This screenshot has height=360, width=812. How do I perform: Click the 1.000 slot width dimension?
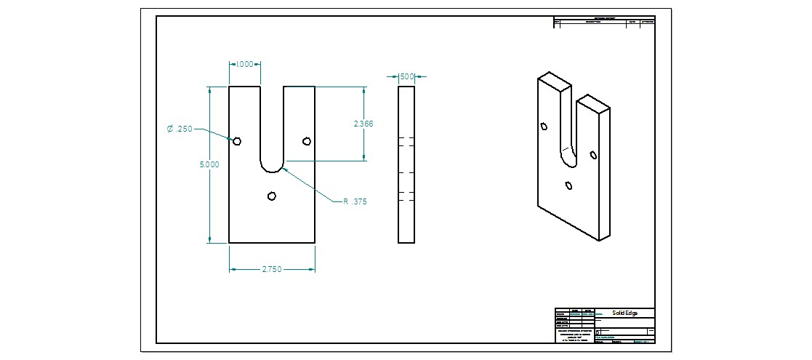click(x=244, y=64)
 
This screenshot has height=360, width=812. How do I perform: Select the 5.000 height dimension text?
click(x=209, y=164)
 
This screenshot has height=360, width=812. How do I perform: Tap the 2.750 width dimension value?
click(x=273, y=269)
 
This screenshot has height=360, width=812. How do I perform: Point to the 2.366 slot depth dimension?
click(x=363, y=124)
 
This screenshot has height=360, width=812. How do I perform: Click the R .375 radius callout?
click(x=355, y=201)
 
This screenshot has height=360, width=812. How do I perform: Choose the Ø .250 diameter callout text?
click(x=180, y=129)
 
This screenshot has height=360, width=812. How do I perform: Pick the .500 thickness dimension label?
click(x=407, y=76)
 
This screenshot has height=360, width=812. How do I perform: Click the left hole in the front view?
click(x=237, y=141)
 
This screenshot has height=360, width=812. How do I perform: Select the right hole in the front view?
click(x=307, y=141)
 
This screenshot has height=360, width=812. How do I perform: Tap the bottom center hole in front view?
click(x=272, y=195)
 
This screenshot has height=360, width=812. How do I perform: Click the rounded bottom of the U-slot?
click(x=272, y=170)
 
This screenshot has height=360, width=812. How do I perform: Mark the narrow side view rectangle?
click(x=406, y=164)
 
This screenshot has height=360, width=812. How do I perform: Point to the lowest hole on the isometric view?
click(x=568, y=185)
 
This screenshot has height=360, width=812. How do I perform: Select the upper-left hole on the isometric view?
click(x=544, y=127)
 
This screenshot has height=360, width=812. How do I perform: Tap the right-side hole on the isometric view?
click(x=593, y=154)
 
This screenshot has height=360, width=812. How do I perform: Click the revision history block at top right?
click(x=604, y=22)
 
